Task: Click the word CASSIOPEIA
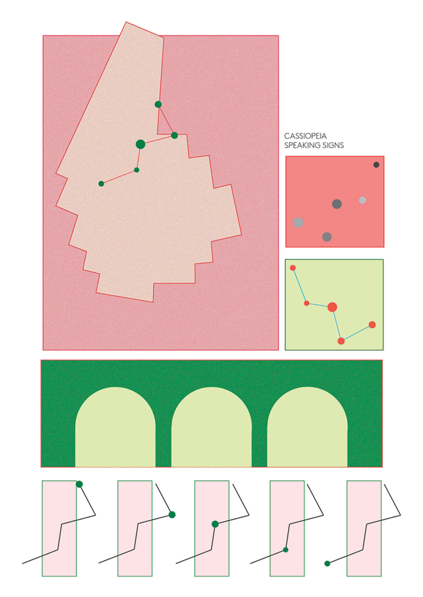point(305,136)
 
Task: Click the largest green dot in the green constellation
point(140,144)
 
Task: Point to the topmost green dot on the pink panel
point(158,104)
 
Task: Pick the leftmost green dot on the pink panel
point(101,184)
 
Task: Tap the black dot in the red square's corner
point(376,165)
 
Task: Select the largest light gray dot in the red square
point(298,222)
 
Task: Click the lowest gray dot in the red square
point(326,237)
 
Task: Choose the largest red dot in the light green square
point(332,307)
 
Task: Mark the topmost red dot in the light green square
point(293,268)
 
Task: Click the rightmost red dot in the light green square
point(372,324)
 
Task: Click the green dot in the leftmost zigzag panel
point(79,484)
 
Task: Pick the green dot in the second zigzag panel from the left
point(172,515)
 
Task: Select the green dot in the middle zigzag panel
point(215,524)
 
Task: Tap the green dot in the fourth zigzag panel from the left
point(286,549)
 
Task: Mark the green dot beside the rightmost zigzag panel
point(327,563)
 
